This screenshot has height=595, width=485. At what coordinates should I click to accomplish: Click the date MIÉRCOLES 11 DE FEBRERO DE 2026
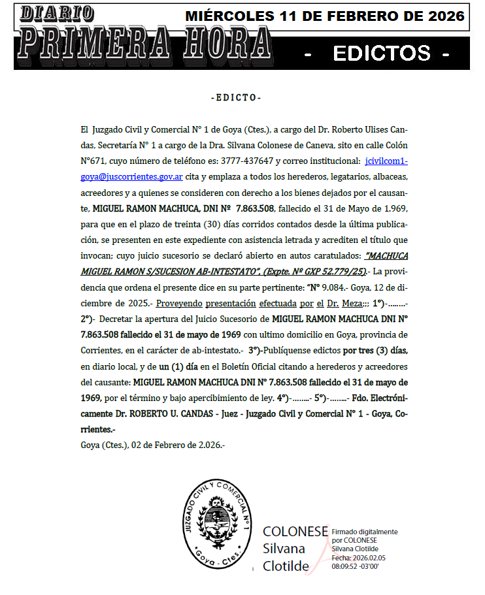point(325,16)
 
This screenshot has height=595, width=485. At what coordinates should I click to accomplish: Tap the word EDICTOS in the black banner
point(382,53)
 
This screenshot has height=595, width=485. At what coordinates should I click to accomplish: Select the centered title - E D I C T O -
point(237,98)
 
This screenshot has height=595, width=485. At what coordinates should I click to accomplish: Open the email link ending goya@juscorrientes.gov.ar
point(131,176)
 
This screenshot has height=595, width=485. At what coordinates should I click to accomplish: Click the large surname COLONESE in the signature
point(295,532)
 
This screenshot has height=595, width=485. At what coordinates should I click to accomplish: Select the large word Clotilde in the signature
point(286,566)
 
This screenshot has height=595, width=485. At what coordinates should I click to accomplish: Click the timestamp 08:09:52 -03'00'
point(355,566)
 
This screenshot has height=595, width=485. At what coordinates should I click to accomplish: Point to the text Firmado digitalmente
point(364,532)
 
